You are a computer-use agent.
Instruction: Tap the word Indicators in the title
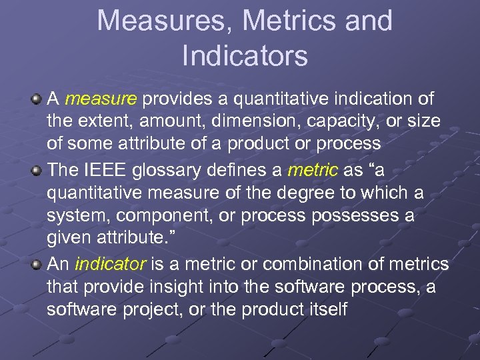pyautogui.click(x=245, y=56)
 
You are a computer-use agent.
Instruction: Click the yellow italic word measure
pyautogui.click(x=101, y=99)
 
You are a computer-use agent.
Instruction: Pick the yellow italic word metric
pyautogui.click(x=313, y=170)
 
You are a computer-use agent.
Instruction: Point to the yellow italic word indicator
pyautogui.click(x=111, y=264)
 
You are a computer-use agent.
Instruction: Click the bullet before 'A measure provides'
pyautogui.click(x=37, y=99)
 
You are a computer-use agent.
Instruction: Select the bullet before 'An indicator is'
pyautogui.click(x=37, y=263)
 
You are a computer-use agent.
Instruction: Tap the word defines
pyautogui.click(x=236, y=170)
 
